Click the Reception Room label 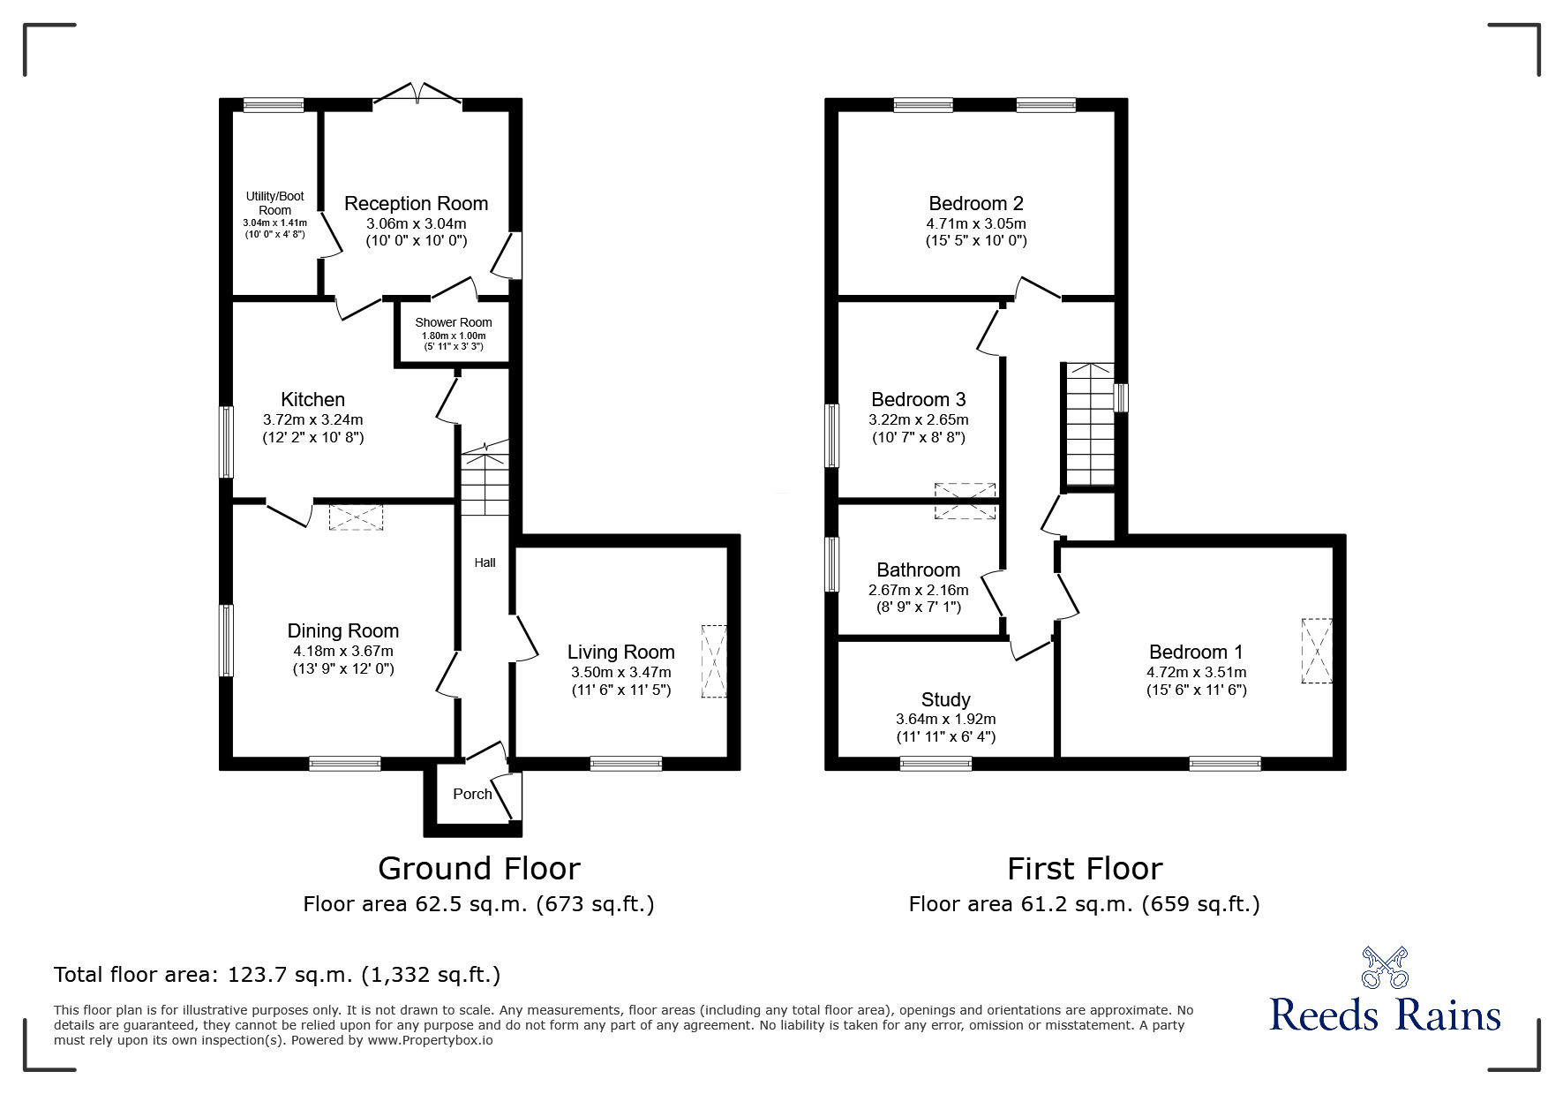coord(416,204)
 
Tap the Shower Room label coord(454,322)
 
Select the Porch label coord(472,794)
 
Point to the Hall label coord(485,562)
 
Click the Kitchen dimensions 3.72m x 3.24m coord(313,420)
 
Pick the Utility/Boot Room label coord(274,203)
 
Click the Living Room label coord(620,653)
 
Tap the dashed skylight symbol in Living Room coord(714,661)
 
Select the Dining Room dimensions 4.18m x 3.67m coord(343,652)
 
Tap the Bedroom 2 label coord(976,204)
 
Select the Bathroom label coord(918,570)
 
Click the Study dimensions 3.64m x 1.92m coord(946,720)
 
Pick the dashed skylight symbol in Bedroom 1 coord(1316,651)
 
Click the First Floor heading coord(1085,869)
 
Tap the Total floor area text coord(277,975)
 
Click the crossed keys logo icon coord(1385,967)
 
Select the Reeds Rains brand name coord(1385,1015)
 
